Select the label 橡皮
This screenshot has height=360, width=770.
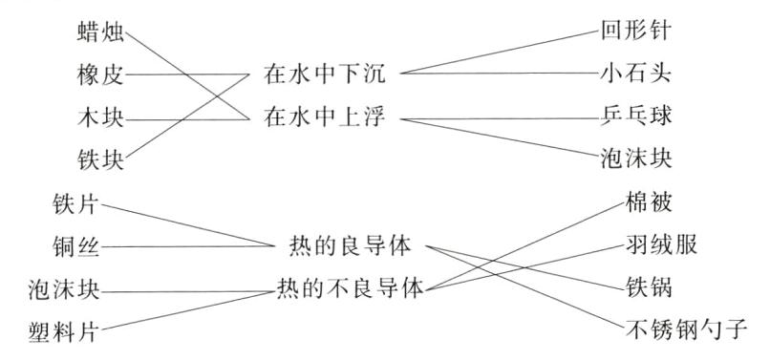coord(101,74)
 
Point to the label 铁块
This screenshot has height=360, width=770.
coord(101,159)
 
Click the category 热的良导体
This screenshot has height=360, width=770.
coord(350,245)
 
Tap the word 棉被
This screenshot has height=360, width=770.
coord(651,204)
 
